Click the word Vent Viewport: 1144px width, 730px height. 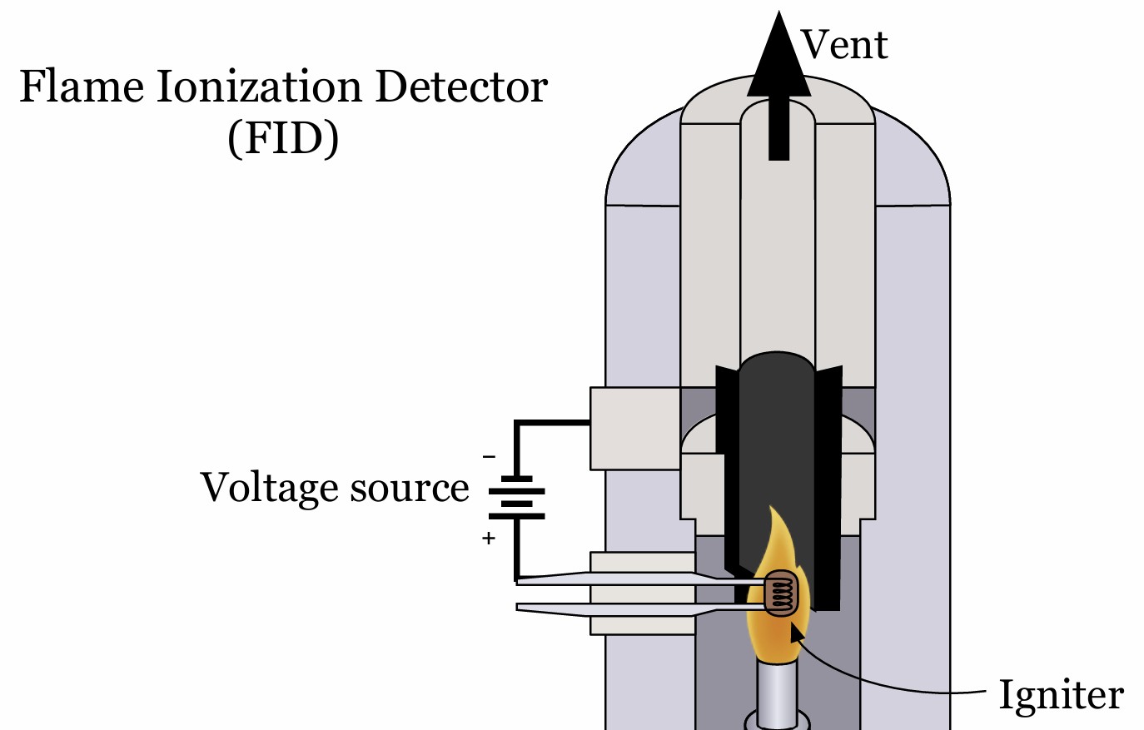pos(844,44)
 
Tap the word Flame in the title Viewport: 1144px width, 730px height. pos(81,87)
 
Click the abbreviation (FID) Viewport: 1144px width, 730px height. pos(283,138)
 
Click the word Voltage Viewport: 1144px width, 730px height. pos(267,488)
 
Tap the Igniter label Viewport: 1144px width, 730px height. pos(1061,695)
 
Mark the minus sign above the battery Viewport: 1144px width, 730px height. pos(489,456)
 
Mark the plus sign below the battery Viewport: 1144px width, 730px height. pos(489,539)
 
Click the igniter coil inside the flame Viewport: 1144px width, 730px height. pos(782,593)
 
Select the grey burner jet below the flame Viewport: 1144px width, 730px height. pos(776,691)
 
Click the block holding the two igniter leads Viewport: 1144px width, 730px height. pos(642,593)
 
